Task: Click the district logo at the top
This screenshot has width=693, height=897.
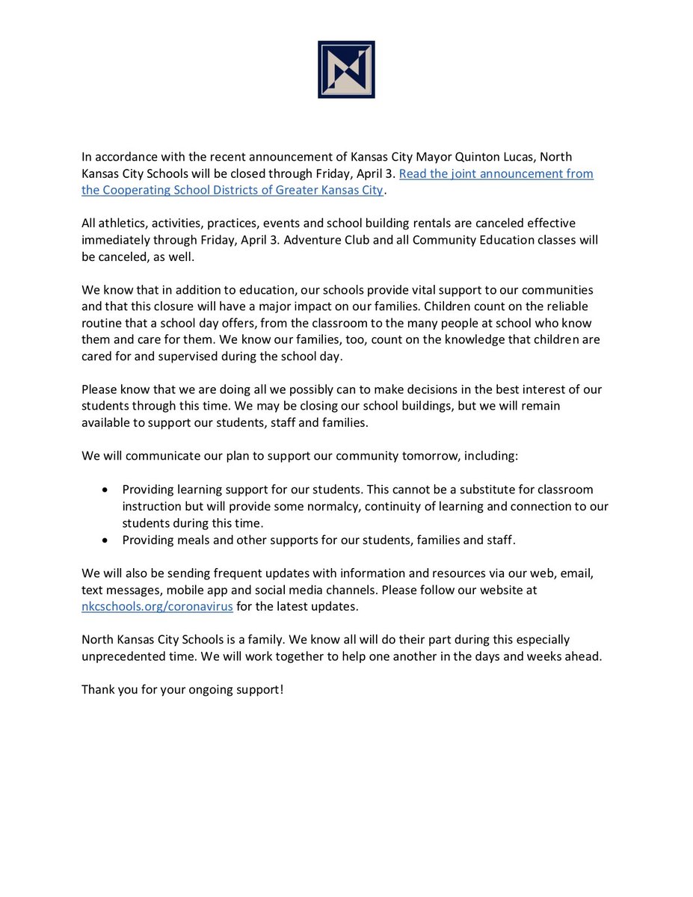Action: point(346,70)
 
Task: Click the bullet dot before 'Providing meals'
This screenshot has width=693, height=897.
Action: point(105,540)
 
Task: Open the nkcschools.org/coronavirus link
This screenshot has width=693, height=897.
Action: point(158,606)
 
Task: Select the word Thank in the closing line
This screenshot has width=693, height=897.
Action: point(99,688)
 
